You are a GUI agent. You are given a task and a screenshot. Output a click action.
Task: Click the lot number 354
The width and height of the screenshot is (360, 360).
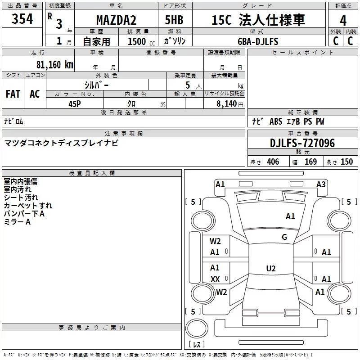pyautogui.click(x=22, y=19)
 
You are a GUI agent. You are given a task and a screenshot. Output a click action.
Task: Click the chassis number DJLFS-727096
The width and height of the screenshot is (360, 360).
pyautogui.click(x=302, y=143)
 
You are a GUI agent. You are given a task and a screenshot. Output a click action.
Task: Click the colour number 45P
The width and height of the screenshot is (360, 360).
pyautogui.click(x=75, y=103)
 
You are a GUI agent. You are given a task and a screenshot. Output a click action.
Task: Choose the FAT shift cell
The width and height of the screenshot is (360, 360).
pyautogui.click(x=13, y=94)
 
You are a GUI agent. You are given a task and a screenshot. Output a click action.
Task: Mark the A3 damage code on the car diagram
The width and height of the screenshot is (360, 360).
pyautogui.click(x=321, y=184)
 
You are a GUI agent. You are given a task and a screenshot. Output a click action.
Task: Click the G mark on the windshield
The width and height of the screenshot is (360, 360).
pyautogui.click(x=284, y=237)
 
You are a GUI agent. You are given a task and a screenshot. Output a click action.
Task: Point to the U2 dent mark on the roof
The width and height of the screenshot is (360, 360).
pyautogui.click(x=270, y=269)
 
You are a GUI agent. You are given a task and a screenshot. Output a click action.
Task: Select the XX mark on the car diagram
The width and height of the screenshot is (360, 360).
pyautogui.click(x=215, y=279)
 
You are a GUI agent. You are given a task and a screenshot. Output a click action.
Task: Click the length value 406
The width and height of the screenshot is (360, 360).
pyautogui.click(x=273, y=162)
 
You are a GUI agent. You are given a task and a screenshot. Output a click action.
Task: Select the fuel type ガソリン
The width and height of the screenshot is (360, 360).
pyautogui.click(x=178, y=41)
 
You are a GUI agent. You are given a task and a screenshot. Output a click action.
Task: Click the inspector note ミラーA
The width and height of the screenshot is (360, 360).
pyautogui.click(x=17, y=222)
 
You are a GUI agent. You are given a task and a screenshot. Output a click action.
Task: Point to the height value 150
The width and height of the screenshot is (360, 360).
pyautogui.click(x=346, y=162)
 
